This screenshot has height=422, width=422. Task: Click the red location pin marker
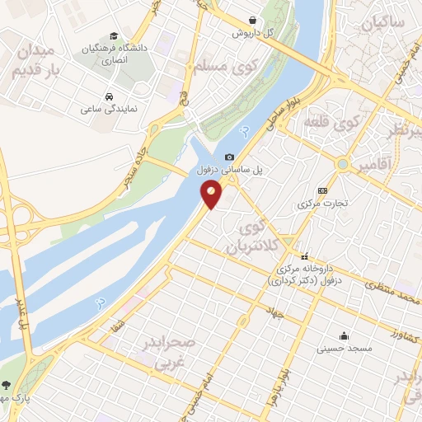(212, 195)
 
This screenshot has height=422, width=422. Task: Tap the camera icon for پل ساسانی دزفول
(229, 157)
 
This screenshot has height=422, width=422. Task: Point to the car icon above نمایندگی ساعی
(110, 94)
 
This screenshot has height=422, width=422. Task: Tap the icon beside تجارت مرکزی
(321, 190)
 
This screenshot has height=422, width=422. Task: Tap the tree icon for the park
(7, 386)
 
